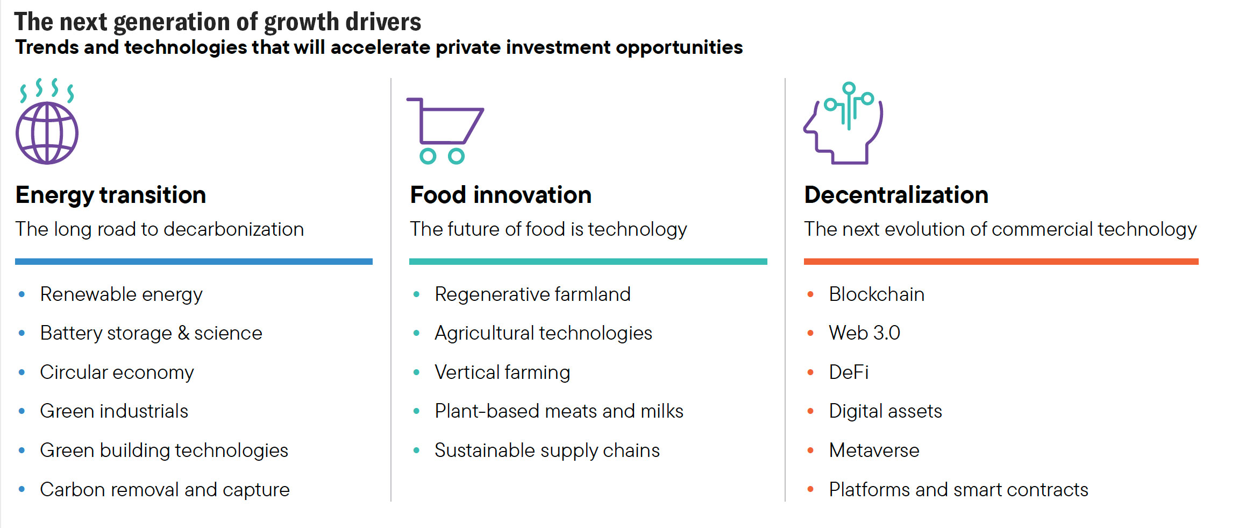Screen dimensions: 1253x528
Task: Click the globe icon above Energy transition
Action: click(x=47, y=133)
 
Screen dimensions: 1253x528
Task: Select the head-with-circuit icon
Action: click(x=843, y=123)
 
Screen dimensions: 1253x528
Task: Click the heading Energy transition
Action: click(x=111, y=195)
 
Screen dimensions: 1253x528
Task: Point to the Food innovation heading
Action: click(x=501, y=195)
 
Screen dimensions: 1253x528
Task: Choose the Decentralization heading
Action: click(x=896, y=195)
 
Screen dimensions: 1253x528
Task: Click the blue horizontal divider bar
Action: click(x=194, y=262)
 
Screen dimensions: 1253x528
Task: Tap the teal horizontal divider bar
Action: click(x=588, y=262)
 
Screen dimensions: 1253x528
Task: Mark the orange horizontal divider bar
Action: click(x=1001, y=262)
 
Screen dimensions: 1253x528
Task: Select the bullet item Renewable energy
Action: click(x=121, y=295)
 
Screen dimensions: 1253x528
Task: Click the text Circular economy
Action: click(x=117, y=372)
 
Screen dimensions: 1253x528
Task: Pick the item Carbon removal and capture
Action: click(x=165, y=490)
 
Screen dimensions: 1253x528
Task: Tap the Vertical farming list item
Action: click(x=502, y=372)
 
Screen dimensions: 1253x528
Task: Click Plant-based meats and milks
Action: click(x=559, y=411)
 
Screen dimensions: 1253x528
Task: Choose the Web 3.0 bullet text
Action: click(x=864, y=333)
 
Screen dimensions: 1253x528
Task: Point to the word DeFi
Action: click(x=849, y=372)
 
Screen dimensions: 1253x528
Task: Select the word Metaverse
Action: click(x=874, y=450)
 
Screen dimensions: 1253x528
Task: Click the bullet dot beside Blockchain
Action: click(x=810, y=294)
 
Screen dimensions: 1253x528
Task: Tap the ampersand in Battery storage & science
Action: click(x=183, y=333)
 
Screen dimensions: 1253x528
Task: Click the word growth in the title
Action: click(x=301, y=23)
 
